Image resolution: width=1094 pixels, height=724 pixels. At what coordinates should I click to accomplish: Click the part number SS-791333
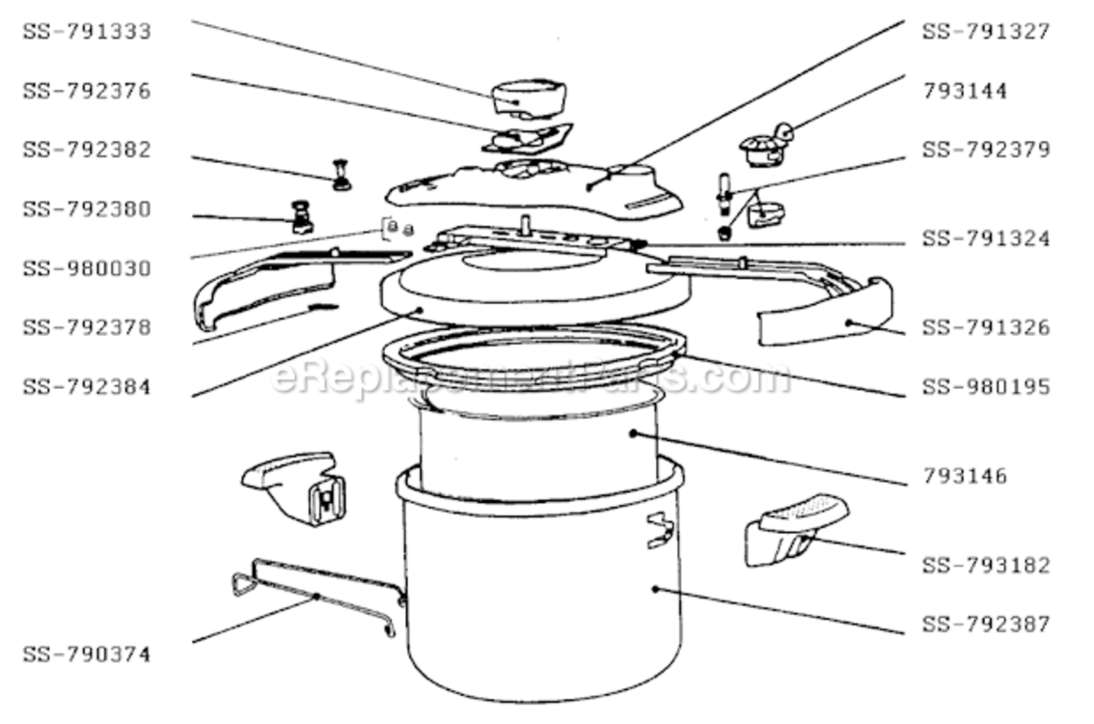(87, 32)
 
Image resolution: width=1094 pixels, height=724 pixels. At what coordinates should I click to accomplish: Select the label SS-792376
(87, 91)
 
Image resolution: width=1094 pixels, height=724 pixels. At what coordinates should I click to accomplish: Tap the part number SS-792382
(87, 150)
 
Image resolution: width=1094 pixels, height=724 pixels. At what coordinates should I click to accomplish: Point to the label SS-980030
(87, 268)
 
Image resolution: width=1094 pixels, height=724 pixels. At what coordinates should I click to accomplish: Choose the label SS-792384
(87, 387)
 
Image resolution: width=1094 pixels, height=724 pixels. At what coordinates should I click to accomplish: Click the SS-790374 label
(87, 654)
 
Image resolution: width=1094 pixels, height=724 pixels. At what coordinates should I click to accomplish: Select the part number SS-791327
(987, 32)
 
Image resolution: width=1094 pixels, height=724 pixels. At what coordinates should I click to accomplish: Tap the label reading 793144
(966, 91)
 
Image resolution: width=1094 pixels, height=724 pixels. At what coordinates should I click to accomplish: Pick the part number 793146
(966, 476)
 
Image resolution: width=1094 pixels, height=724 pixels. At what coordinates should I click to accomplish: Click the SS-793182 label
(987, 565)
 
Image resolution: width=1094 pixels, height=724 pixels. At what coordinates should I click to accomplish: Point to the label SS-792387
(987, 624)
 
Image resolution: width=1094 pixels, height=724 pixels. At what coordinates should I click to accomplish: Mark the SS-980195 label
(987, 387)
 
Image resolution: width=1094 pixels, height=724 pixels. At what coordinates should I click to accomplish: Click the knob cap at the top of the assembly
(529, 98)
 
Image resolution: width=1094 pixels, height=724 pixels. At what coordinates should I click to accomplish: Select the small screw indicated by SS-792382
(342, 175)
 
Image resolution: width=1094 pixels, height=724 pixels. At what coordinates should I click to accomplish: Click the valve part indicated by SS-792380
(302, 216)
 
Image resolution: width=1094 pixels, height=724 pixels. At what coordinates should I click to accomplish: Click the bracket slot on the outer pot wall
(659, 531)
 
